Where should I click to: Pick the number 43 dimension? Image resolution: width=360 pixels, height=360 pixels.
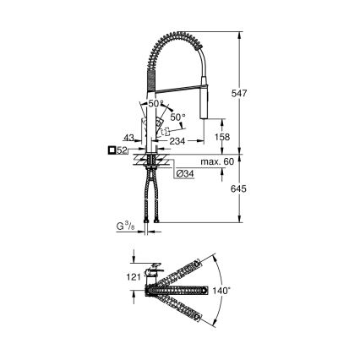click(128, 137)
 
